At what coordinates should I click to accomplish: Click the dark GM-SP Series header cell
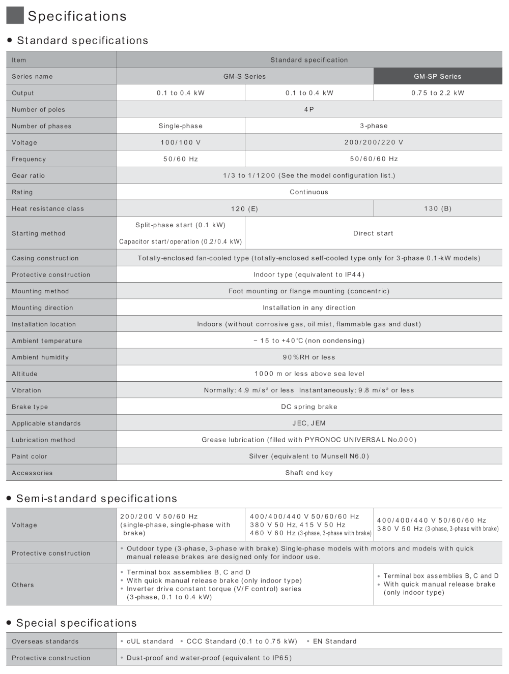coord(437,76)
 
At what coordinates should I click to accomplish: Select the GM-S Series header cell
coord(244,76)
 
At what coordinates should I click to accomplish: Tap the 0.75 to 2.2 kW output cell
coord(438,93)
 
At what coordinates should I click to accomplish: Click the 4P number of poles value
coord(309,109)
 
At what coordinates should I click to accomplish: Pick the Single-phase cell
coord(180,126)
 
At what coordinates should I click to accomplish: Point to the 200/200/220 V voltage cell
coord(374,142)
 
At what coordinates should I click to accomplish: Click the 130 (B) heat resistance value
coord(437,208)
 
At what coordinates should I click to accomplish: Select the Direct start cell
coord(373,233)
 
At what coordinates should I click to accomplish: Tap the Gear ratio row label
coord(29,176)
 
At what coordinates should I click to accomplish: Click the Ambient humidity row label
coord(40,357)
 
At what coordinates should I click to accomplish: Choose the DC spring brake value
coord(309,407)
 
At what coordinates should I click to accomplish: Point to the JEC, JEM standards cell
coord(309,423)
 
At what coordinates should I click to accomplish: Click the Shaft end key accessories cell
coord(309,473)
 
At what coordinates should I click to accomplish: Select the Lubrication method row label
coord(43,440)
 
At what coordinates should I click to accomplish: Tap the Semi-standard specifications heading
coord(97,499)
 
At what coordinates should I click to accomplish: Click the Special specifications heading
coord(76,623)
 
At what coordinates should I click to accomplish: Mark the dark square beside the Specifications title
coord(15,15)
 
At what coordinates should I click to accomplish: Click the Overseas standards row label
coord(45,641)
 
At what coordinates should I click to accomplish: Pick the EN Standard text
coord(334,641)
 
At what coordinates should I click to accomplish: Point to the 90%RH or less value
coord(309,357)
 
